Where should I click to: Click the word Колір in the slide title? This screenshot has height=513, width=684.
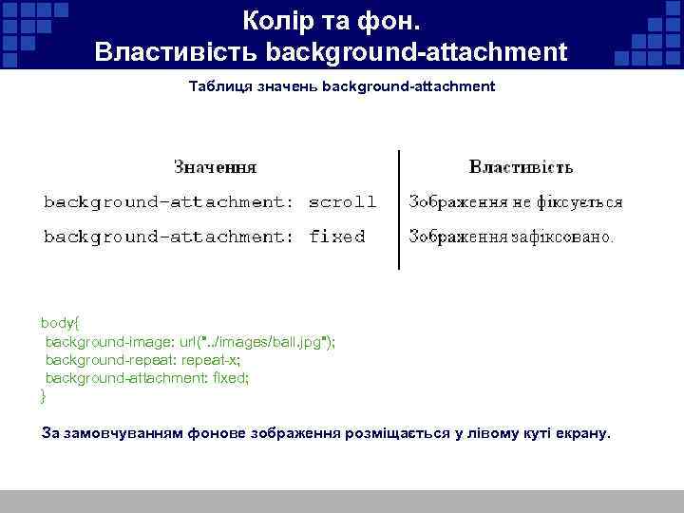coord(276,19)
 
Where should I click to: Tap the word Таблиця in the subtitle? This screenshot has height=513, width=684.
coord(218,86)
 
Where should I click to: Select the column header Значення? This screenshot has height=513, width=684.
coord(215,167)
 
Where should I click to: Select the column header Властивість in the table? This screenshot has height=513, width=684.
coord(521,167)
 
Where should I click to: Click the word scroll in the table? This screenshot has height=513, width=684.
coord(343,201)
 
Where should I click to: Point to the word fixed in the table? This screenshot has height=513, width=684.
coord(337,237)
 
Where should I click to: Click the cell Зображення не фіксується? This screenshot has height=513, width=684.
coord(516,201)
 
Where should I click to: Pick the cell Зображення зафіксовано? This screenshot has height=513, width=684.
coord(511,237)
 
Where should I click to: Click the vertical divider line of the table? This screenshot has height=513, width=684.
coord(399,209)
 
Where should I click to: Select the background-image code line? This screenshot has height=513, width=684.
coord(190,341)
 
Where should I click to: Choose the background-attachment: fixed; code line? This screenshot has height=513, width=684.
coord(147,377)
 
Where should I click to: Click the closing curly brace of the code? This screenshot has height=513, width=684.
coord(44,394)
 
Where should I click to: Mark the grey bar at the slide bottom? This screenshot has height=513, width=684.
coord(342,502)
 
